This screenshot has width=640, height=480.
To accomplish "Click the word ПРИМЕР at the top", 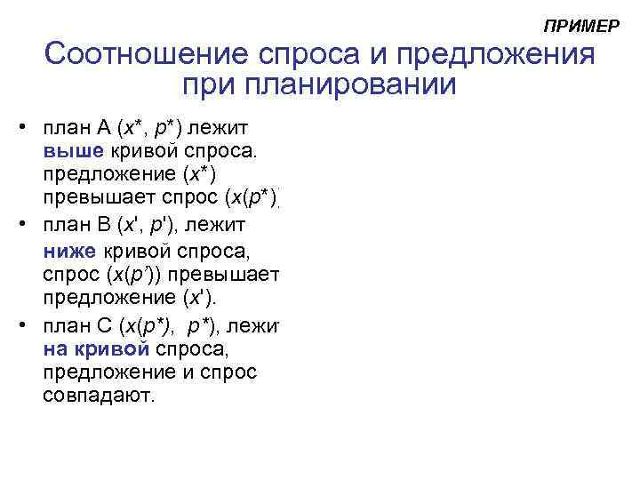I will click(580, 27).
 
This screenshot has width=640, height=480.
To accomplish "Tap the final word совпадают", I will click(99, 395).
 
